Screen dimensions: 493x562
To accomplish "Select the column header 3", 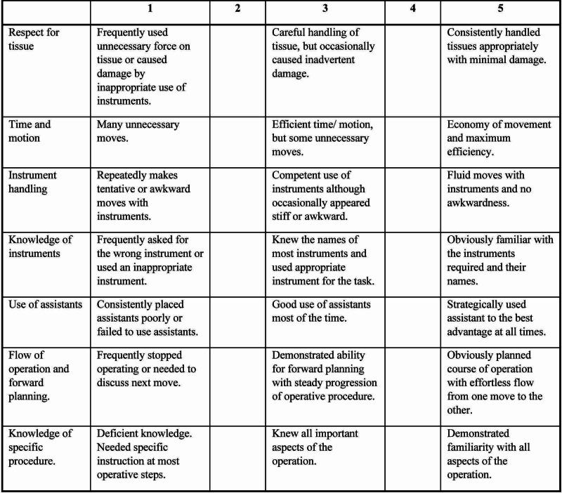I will (x=325, y=11).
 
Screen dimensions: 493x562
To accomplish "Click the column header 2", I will (x=237, y=11).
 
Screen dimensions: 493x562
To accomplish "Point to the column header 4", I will (x=412, y=11).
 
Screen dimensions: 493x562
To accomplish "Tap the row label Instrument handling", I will (x=33, y=181).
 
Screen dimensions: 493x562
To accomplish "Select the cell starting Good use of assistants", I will (x=320, y=312).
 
